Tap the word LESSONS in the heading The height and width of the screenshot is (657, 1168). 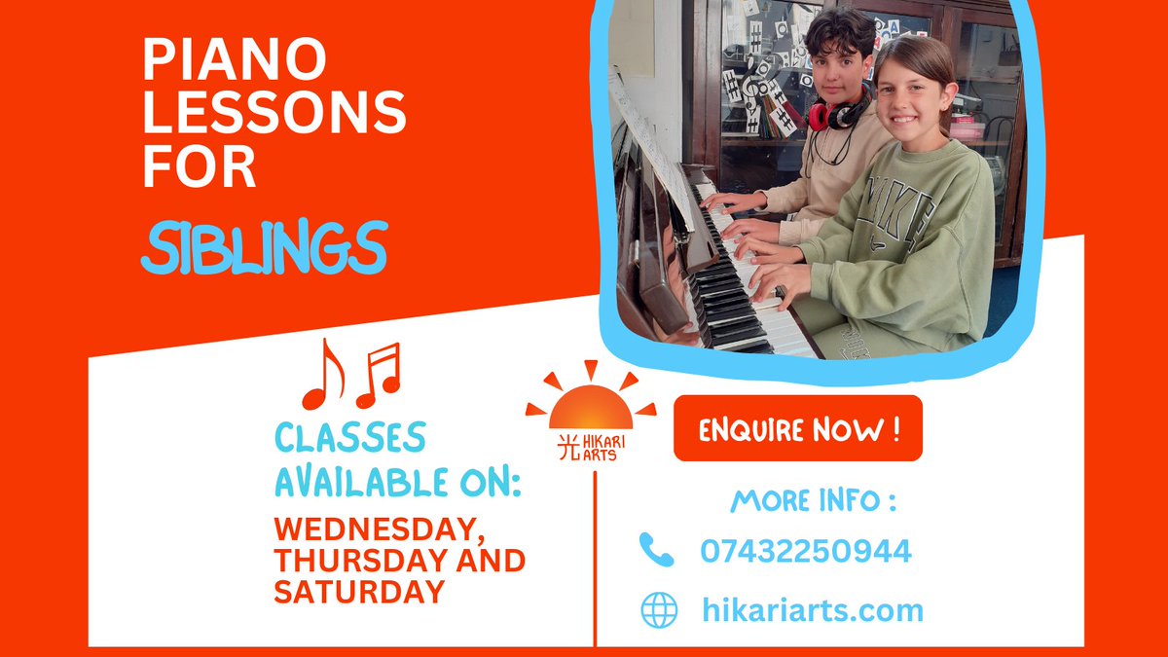pyautogui.click(x=274, y=116)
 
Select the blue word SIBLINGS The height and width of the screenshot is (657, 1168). pyautogui.click(x=264, y=247)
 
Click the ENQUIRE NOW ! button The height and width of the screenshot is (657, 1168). pyautogui.click(x=797, y=428)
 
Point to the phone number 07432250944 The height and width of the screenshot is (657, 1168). pyautogui.click(x=806, y=552)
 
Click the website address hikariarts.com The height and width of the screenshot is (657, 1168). pyautogui.click(x=812, y=610)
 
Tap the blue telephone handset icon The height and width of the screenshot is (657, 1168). pyautogui.click(x=657, y=550)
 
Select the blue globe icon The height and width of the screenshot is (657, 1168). pyautogui.click(x=659, y=610)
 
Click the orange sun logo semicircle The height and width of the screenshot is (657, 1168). pyautogui.click(x=591, y=408)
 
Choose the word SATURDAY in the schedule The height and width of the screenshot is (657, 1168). pyautogui.click(x=359, y=591)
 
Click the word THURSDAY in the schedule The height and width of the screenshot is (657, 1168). pyautogui.click(x=348, y=561)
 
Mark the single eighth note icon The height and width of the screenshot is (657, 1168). pyautogui.click(x=322, y=375)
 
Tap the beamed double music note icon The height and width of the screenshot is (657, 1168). pyautogui.click(x=379, y=375)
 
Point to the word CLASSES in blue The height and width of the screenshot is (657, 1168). pyautogui.click(x=349, y=438)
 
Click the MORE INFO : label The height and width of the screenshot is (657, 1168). pyautogui.click(x=813, y=501)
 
